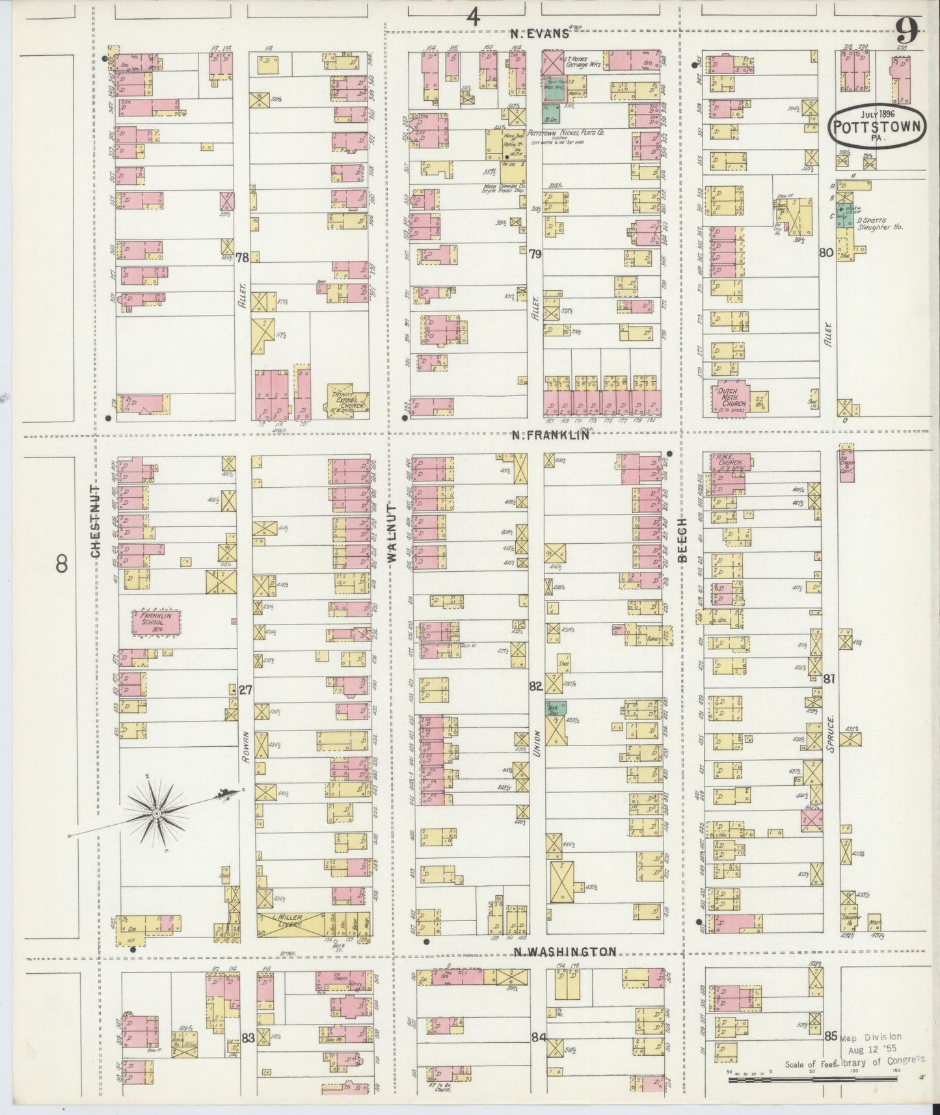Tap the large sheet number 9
[906, 29]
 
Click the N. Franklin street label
[550, 435]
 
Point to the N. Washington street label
[563, 952]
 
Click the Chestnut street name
[95, 520]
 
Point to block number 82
[535, 686]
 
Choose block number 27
[245, 690]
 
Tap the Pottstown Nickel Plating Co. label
[566, 132]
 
